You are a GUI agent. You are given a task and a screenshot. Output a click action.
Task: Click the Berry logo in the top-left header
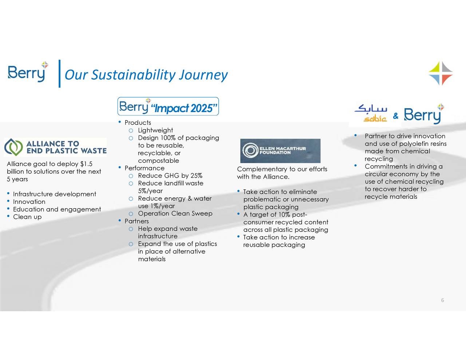[x=28, y=72]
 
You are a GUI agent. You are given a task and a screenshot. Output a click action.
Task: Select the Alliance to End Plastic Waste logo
[x=55, y=147]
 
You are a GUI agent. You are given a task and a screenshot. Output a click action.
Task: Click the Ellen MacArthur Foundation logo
[x=280, y=150]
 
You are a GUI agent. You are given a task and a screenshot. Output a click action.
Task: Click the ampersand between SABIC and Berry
[x=396, y=116]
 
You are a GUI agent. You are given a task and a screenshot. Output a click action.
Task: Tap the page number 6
[x=442, y=300]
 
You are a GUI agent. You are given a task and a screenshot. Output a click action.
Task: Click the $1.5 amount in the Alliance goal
[x=86, y=164]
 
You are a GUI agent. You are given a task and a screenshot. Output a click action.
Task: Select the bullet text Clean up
[x=27, y=217]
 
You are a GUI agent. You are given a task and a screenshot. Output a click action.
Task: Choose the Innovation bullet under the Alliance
[x=29, y=202]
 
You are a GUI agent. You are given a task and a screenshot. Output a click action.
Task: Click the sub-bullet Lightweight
[x=155, y=130]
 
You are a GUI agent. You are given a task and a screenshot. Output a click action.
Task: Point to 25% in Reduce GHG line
[x=196, y=176]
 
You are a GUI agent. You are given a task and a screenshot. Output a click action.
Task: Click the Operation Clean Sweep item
[x=175, y=214]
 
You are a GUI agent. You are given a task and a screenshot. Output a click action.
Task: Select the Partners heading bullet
[x=137, y=221]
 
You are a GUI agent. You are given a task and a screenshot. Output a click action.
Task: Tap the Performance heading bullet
[x=144, y=168]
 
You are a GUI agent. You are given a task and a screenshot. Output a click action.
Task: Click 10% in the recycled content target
[x=284, y=215]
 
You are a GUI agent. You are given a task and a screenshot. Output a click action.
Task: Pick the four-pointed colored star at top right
[x=441, y=73]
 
